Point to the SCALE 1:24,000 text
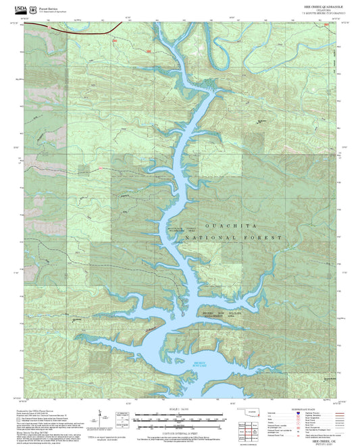180,410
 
